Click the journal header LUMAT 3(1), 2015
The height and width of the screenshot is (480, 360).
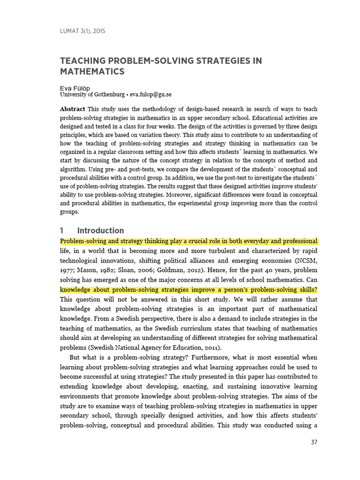[82, 31]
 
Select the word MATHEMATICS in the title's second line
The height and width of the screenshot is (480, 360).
[92, 72]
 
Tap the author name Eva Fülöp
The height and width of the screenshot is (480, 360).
[75, 88]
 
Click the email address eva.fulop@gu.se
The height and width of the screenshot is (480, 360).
[150, 94]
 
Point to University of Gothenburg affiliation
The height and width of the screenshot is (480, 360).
[92, 94]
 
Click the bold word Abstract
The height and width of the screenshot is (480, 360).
[72, 109]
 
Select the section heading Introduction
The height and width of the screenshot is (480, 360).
[100, 231]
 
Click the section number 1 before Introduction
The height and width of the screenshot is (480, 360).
[62, 231]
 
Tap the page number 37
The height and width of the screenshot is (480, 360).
[314, 442]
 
